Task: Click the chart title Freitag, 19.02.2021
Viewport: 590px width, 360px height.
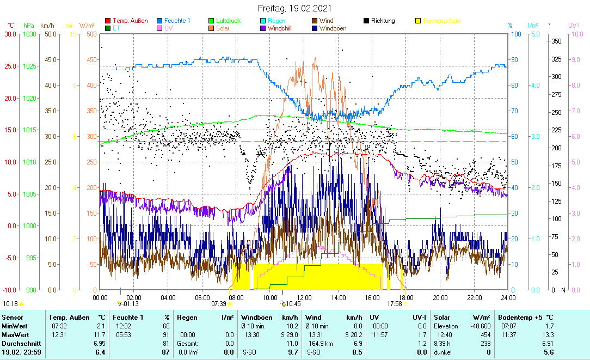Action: coord(294,9)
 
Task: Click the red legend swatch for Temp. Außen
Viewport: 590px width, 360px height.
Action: coord(107,21)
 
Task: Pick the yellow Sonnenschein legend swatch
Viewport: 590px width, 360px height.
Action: coord(418,21)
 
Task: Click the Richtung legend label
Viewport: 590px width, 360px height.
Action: coord(383,21)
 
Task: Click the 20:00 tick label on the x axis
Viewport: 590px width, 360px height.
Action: coord(440,297)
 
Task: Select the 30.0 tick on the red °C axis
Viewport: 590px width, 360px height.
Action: coord(10,34)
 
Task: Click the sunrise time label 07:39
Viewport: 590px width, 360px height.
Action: coord(219,303)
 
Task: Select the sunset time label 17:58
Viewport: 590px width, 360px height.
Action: coord(394,303)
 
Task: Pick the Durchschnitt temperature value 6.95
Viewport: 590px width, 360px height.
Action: coord(99,344)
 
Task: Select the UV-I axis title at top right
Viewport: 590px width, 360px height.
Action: coord(574,25)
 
